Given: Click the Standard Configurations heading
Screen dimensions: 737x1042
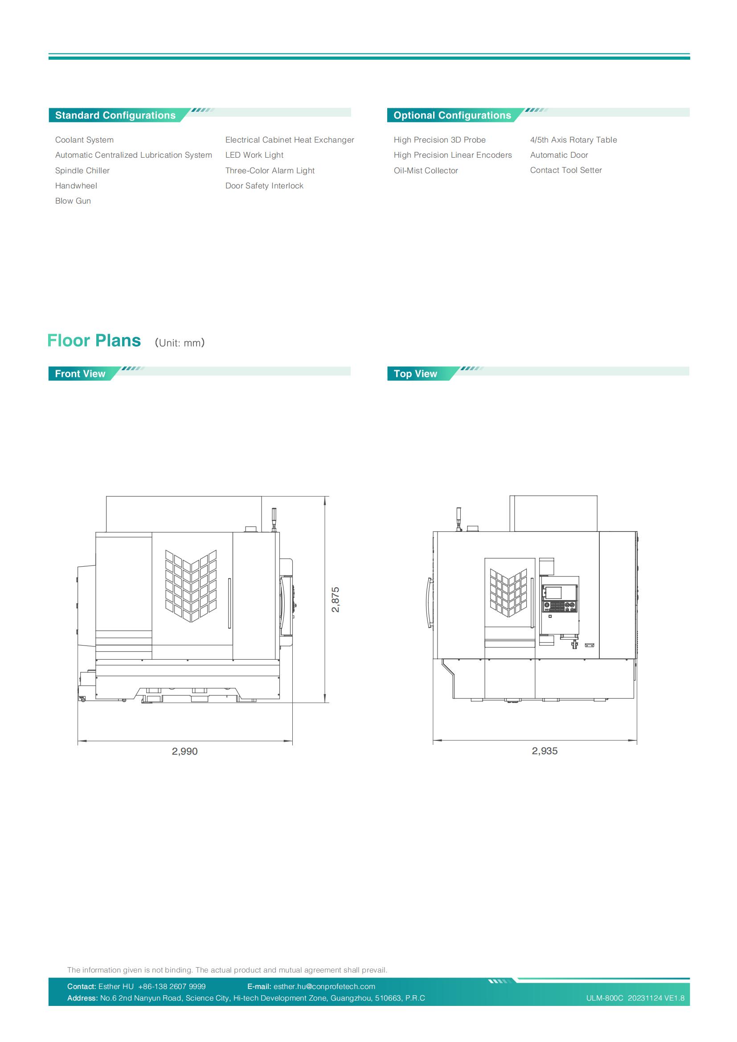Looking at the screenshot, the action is point(115,115).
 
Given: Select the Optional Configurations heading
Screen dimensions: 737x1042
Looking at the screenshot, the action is point(452,115).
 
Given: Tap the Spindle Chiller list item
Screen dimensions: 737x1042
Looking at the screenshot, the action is point(82,171).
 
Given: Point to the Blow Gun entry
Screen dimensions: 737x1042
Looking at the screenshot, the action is point(73,201).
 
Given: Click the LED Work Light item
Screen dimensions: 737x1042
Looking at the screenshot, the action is point(254,155).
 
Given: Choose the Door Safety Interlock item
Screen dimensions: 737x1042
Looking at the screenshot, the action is point(264,186).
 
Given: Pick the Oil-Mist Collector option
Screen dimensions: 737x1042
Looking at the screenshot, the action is point(426,171).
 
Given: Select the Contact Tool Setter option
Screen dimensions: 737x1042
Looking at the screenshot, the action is point(566,170).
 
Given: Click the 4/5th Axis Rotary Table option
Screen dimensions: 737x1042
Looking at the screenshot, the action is point(573,140).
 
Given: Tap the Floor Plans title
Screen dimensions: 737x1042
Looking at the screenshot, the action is point(94,340).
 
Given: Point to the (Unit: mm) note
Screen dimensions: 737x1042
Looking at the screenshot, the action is point(180,343).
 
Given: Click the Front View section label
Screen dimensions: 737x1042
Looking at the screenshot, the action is point(80,373).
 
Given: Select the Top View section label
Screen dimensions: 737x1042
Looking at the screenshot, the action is point(415,373).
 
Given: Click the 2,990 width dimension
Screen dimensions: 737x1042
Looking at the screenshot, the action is point(185,751).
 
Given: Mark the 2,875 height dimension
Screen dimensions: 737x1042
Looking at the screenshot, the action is point(336,600).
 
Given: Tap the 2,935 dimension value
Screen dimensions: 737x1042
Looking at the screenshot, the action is point(545,751).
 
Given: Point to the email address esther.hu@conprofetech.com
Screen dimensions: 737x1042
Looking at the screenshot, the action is point(324,986).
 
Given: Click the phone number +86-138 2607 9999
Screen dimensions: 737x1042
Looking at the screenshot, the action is point(172,986).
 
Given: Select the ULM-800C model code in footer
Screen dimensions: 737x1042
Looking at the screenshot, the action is point(605,998).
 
